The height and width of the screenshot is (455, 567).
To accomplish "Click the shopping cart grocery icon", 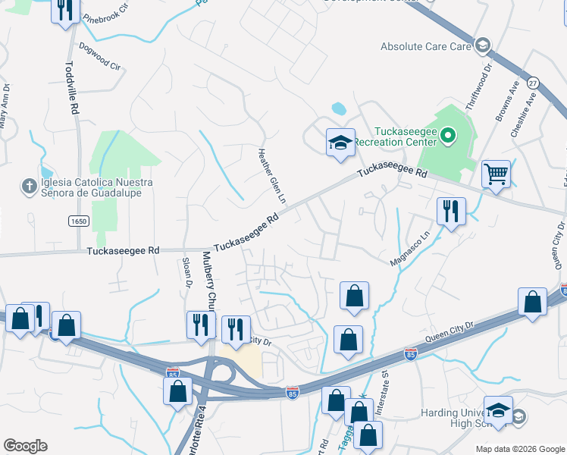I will click(x=496, y=174).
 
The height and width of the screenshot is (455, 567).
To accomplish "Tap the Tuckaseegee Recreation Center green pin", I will click(x=447, y=136).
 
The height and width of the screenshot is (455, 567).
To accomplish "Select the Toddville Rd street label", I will click(x=74, y=88).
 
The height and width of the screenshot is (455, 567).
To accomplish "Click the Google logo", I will click(x=25, y=446).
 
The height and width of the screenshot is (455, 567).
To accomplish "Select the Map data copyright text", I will click(x=520, y=449).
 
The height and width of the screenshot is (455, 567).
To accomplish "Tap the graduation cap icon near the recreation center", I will click(x=340, y=142).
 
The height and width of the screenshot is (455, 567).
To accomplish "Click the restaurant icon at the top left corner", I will click(x=66, y=11).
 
